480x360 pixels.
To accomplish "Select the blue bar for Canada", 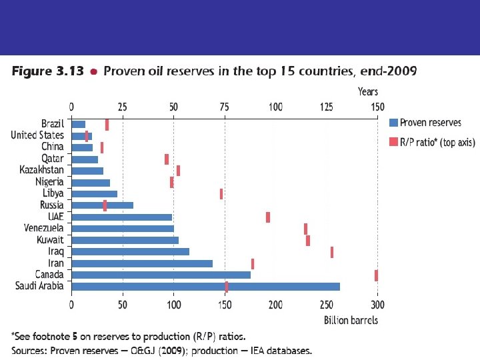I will click(x=161, y=275).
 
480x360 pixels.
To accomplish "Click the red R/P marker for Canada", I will click(x=376, y=275).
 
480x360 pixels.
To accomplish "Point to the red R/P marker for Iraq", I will click(x=332, y=252).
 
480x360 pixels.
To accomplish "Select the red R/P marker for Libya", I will click(x=221, y=194).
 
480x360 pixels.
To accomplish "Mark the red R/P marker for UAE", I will click(x=268, y=217).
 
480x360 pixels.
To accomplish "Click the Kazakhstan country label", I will click(x=42, y=170).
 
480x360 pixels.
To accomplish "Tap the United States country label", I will click(x=37, y=135).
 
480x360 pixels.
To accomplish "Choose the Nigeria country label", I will click(x=50, y=181).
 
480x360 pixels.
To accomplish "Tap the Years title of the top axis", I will click(x=367, y=91).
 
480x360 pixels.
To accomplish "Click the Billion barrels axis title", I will click(x=351, y=320).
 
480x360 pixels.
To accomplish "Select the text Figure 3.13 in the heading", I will click(x=47, y=71).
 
